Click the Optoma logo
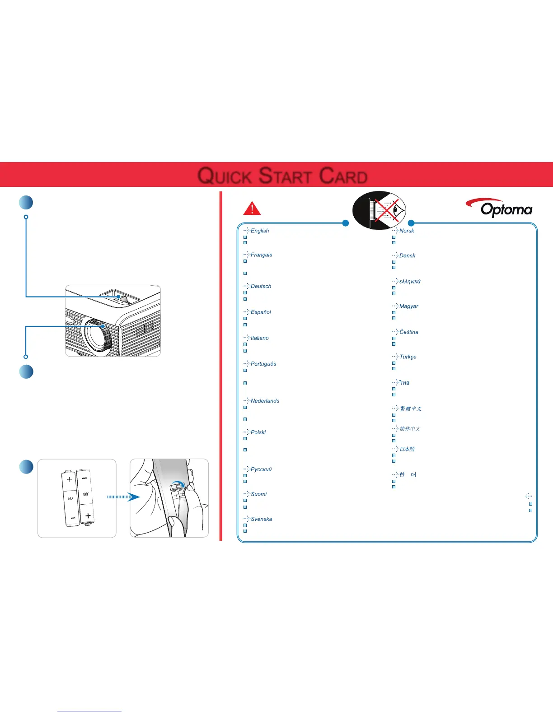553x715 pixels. click(x=499, y=208)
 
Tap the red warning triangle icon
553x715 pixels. click(x=252, y=209)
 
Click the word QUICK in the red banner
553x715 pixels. click(x=224, y=176)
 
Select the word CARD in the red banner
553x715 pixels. click(x=343, y=176)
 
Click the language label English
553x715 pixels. click(x=260, y=231)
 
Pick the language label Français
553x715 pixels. click(x=261, y=255)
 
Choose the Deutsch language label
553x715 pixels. click(x=261, y=286)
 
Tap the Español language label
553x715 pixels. click(x=261, y=312)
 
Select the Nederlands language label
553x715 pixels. click(x=265, y=401)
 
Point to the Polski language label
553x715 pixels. click(x=258, y=432)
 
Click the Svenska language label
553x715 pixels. click(x=261, y=519)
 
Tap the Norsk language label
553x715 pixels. click(x=407, y=231)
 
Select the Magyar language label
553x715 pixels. click(x=408, y=306)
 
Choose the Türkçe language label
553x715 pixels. click(x=408, y=357)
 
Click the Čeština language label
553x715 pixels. click(x=408, y=332)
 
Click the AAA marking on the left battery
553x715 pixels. click(x=70, y=499)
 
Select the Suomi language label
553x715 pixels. click(x=258, y=494)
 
